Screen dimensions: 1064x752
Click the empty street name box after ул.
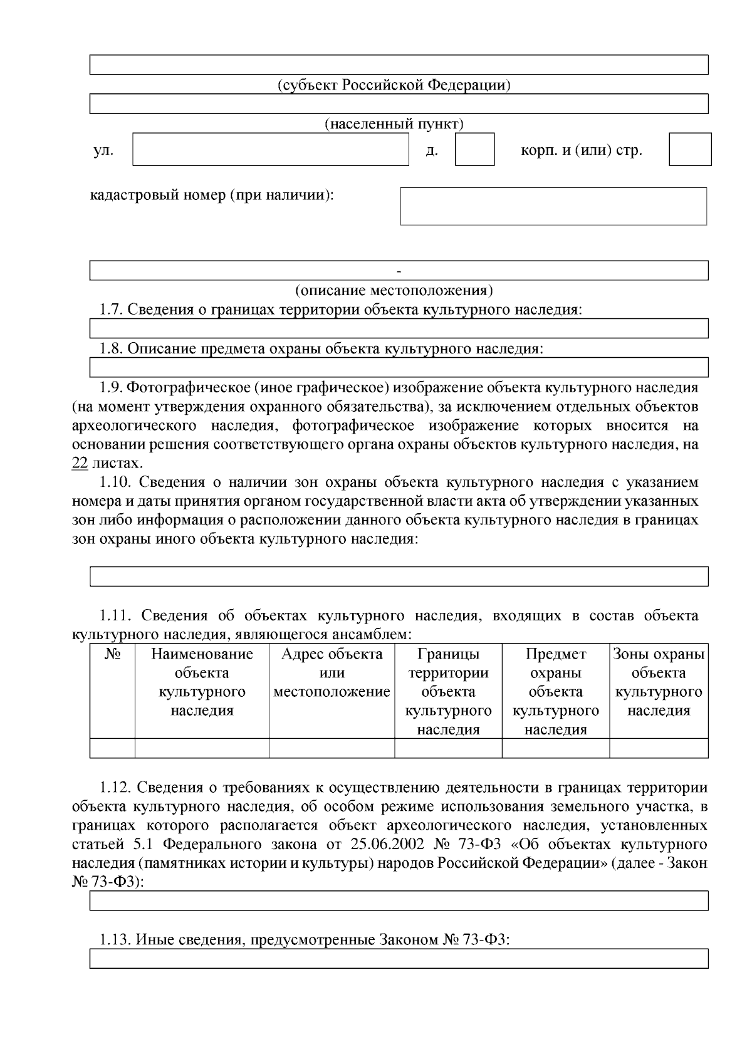270,149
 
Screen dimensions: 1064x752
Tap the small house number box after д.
474,149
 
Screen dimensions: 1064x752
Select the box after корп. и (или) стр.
690,149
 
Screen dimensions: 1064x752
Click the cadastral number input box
553,206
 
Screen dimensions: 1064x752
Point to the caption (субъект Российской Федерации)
394,85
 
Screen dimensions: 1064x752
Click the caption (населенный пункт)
394,123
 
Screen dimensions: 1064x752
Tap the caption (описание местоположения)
394,290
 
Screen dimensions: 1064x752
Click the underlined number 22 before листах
80,464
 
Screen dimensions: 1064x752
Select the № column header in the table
112,655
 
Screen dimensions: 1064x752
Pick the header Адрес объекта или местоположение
332,673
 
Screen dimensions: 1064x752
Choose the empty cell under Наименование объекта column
202,748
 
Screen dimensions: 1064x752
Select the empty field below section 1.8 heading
399,367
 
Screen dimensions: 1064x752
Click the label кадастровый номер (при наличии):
212,195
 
